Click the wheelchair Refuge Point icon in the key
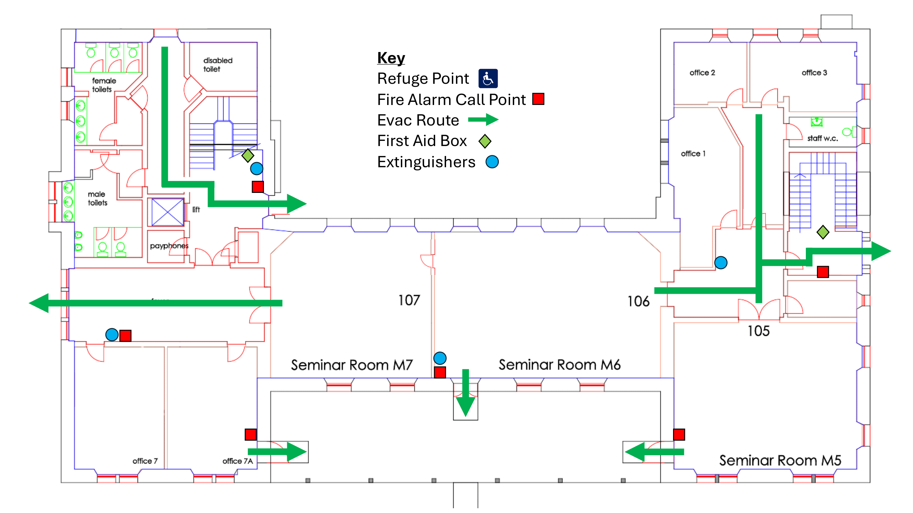pos(488,78)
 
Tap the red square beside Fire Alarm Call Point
pos(538,99)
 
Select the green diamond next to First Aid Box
pos(484,141)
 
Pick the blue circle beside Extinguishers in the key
pos(492,162)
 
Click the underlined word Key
pos(391,58)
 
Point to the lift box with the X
pos(167,212)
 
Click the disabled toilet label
pos(217,64)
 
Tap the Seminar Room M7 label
pos(352,365)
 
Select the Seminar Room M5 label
pos(780,460)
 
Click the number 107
pos(409,300)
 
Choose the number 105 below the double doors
pos(758,331)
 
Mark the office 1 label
pos(693,153)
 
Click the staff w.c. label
pos(822,139)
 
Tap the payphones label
pos(169,246)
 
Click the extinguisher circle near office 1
pos(721,263)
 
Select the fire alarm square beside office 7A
pos(251,434)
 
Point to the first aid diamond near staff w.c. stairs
pos(823,232)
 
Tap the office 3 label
pos(814,73)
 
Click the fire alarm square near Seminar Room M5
pos(679,434)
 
